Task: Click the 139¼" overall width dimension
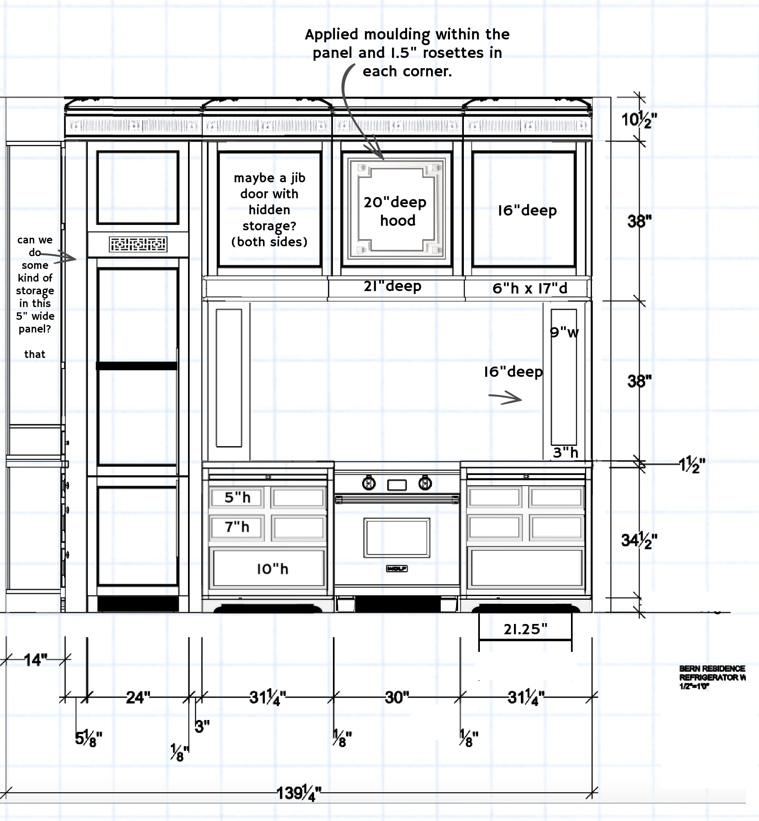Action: [x=298, y=793]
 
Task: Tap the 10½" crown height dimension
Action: [x=639, y=120]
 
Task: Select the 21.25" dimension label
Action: [x=525, y=629]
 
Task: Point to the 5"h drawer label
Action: [x=237, y=498]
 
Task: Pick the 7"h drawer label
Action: [x=237, y=527]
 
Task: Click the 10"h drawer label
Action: [x=273, y=569]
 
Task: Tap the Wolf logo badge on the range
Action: [x=397, y=569]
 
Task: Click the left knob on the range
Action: [x=369, y=484]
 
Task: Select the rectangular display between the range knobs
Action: [x=397, y=485]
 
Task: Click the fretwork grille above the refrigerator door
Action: [x=138, y=244]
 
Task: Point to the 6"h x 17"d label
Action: [x=530, y=288]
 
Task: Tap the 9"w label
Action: [x=564, y=332]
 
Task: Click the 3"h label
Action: [x=565, y=453]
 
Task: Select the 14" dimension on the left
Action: [x=35, y=660]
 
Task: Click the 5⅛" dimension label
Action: [x=88, y=738]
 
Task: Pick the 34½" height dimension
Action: [x=639, y=541]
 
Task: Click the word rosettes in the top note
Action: [x=453, y=53]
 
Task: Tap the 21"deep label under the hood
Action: [x=392, y=286]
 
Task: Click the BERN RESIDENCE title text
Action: [x=712, y=669]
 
